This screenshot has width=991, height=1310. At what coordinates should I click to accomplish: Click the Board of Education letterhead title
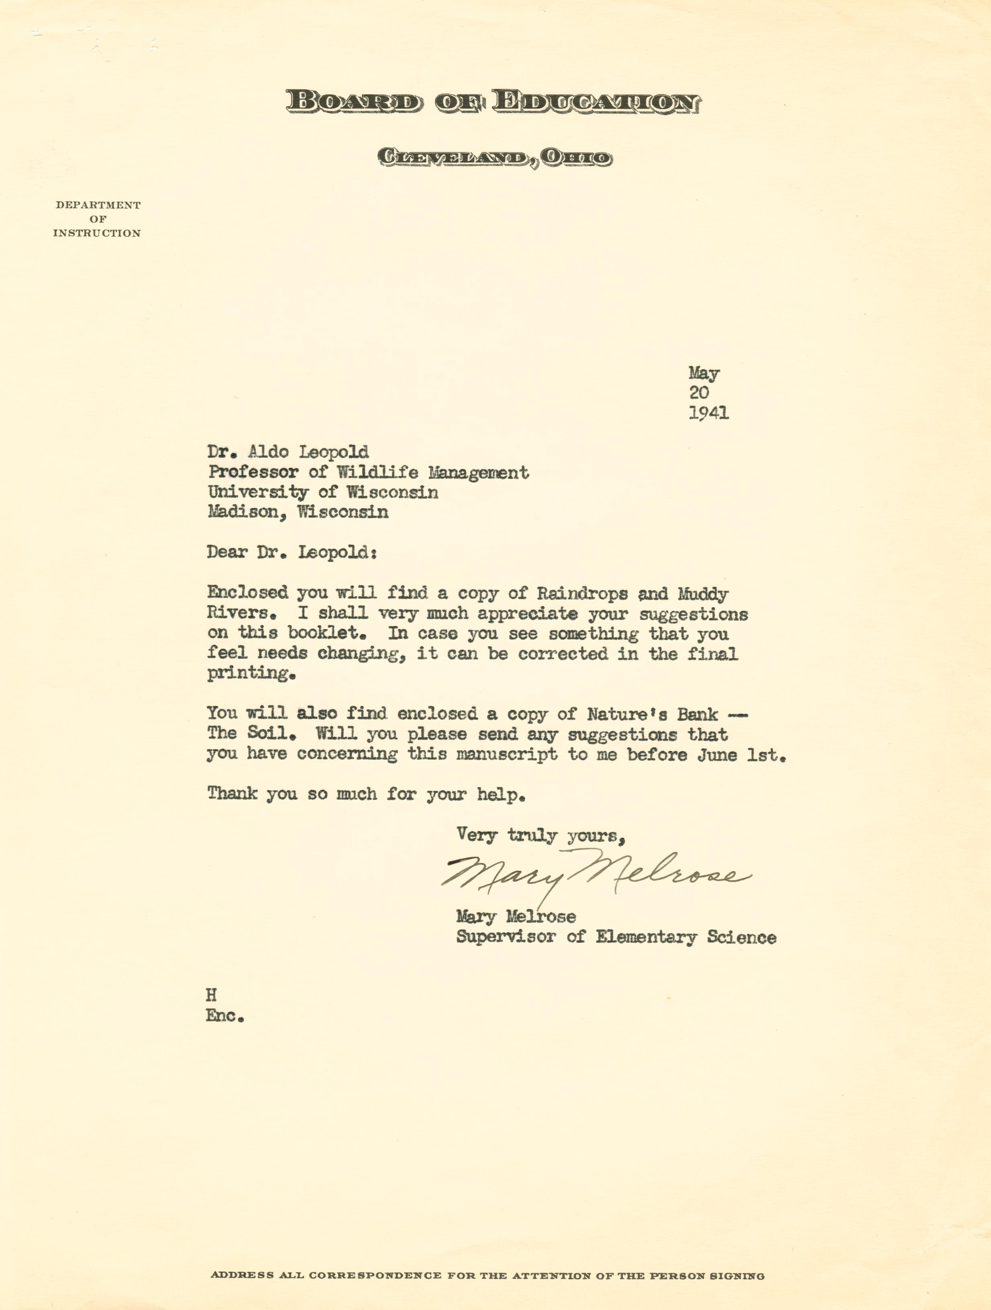493,102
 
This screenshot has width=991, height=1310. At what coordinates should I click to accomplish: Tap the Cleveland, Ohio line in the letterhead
495,158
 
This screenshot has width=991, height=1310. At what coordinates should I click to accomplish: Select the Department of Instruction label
97,219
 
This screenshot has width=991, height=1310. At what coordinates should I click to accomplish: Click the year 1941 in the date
708,413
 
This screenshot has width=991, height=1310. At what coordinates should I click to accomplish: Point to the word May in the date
704,373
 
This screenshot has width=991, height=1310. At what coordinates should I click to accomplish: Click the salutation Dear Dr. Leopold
291,553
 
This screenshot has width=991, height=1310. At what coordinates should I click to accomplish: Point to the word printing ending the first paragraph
251,674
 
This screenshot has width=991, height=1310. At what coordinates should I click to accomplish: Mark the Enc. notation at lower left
225,1016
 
